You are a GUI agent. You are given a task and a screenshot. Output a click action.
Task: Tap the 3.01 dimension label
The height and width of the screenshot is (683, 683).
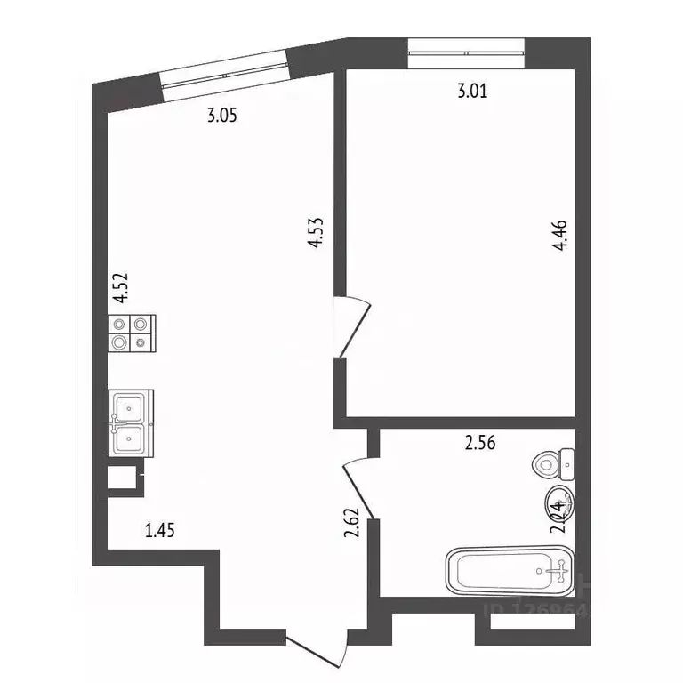pyautogui.click(x=471, y=90)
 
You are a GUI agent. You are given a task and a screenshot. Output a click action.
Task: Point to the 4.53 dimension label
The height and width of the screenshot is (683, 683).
pyautogui.click(x=314, y=234)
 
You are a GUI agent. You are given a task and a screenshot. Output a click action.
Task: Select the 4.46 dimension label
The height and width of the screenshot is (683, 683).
pyautogui.click(x=559, y=237)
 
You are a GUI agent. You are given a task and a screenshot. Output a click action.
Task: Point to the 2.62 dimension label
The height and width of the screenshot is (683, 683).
pyautogui.click(x=352, y=524)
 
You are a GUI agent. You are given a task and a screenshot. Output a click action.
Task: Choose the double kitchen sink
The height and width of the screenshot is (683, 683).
pyautogui.click(x=131, y=422)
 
